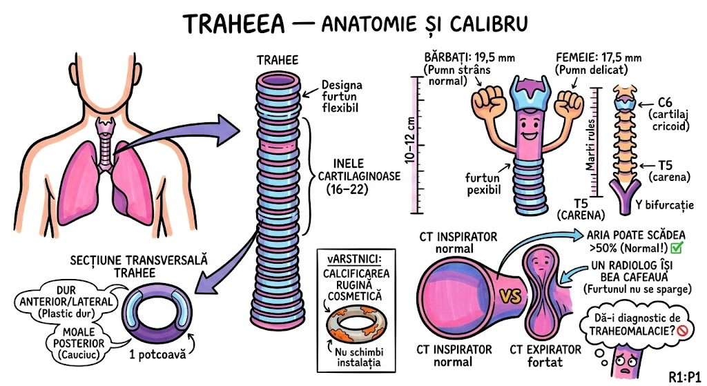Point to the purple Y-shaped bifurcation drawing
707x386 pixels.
click(x=626, y=196)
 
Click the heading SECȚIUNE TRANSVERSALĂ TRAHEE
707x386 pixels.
click(x=139, y=267)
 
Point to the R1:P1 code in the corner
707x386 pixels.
click(x=685, y=376)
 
